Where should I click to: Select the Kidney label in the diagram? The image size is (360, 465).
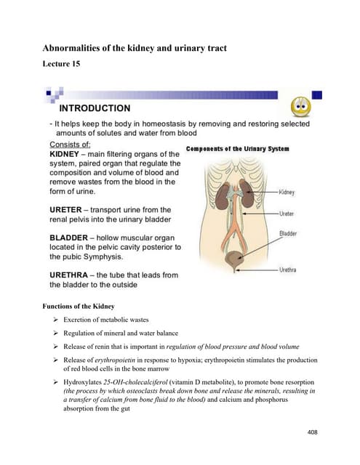[x=287, y=193]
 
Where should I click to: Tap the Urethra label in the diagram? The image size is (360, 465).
[x=288, y=270]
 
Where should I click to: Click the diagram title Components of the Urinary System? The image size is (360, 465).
[x=238, y=149]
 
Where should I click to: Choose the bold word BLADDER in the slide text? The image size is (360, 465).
[x=70, y=238]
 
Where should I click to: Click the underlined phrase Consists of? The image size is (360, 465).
[x=70, y=145]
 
